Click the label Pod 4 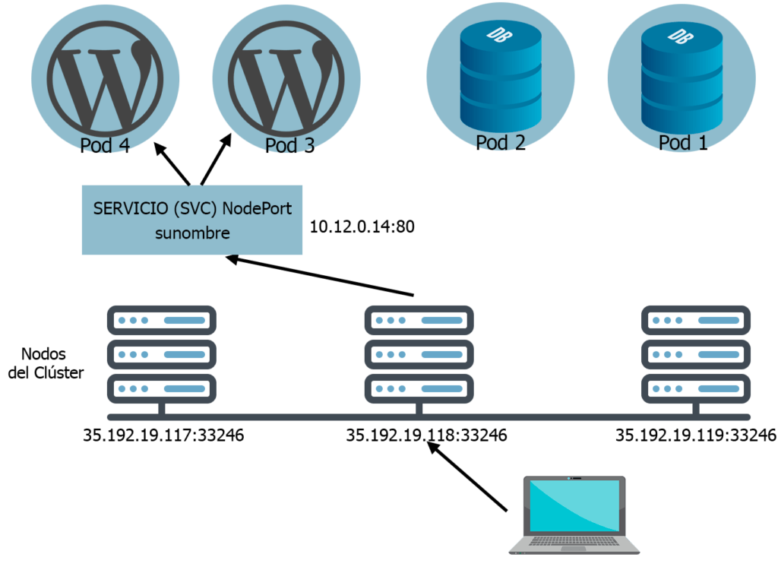[x=104, y=145]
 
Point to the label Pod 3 [x=289, y=145]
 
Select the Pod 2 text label [x=501, y=142]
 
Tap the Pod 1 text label [x=683, y=142]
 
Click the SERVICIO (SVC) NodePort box [x=191, y=220]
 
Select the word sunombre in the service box [x=192, y=233]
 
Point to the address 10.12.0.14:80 [x=362, y=227]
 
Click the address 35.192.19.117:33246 [x=163, y=435]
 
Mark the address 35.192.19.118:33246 [x=426, y=435]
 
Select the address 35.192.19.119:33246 [x=695, y=435]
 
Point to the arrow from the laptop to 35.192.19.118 [x=468, y=477]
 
